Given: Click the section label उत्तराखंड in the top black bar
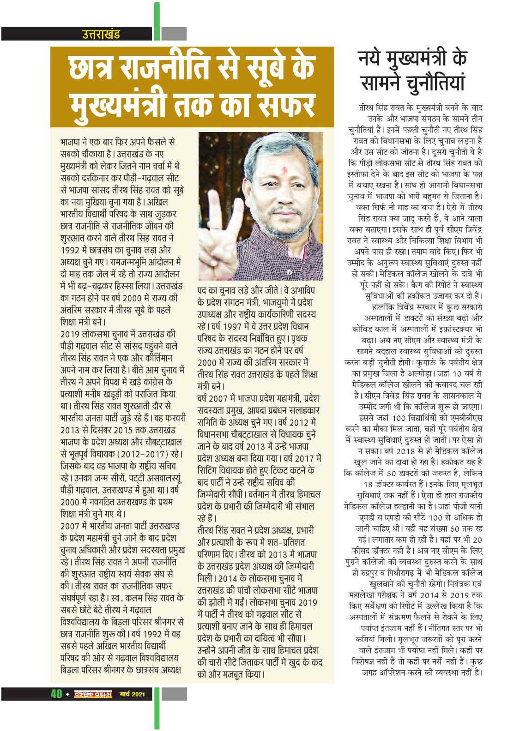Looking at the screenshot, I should click(101, 34).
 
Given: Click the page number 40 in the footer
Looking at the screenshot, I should click(56, 694).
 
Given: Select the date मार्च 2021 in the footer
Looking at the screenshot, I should click(132, 694).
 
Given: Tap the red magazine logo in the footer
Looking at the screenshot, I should click(93, 694).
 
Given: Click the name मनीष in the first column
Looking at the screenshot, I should click(108, 394).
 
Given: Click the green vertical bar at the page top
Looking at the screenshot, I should click(157, 21).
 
